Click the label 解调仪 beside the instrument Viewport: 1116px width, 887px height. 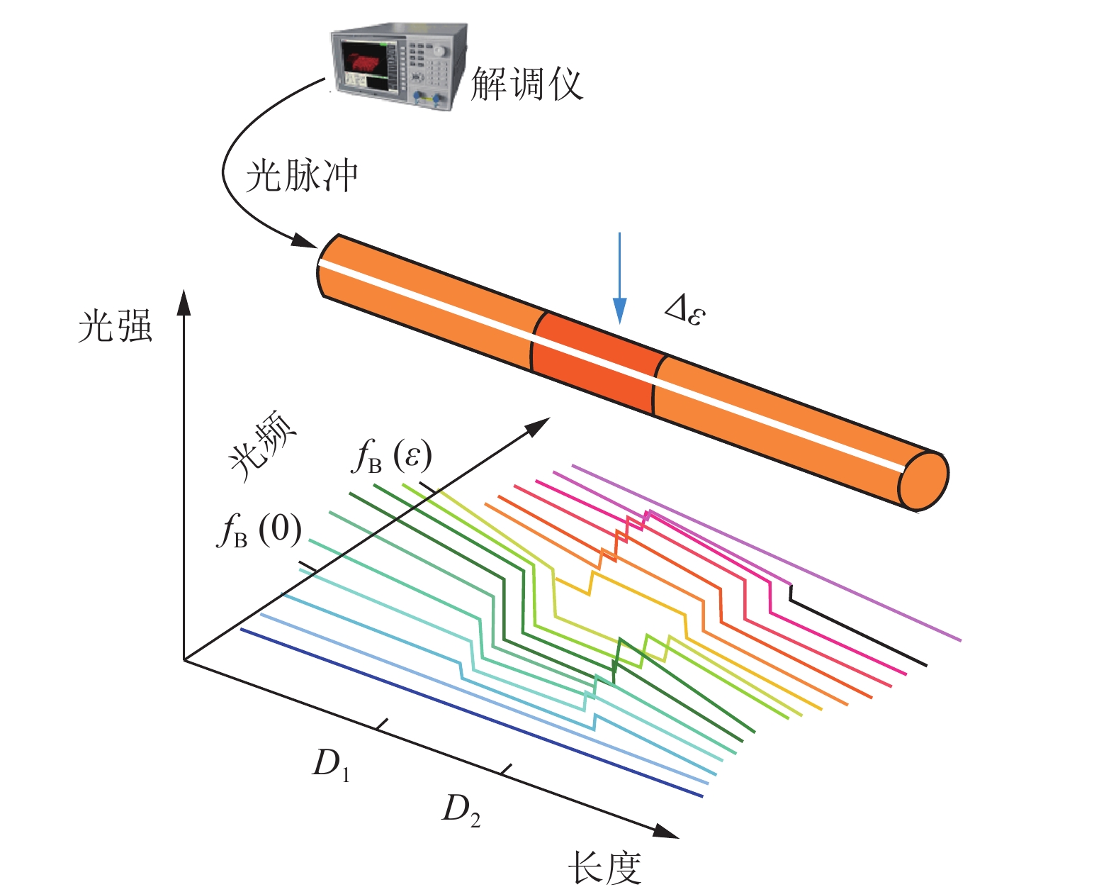[527, 83]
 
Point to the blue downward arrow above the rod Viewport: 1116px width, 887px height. [619, 278]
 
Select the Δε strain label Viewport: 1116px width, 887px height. [685, 310]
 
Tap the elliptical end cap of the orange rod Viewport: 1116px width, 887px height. [923, 480]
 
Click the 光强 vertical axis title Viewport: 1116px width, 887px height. [115, 326]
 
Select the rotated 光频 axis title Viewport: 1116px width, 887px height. [262, 446]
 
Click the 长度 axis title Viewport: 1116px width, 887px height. [605, 868]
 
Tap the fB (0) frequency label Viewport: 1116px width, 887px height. [259, 530]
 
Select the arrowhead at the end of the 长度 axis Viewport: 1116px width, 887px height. [666, 831]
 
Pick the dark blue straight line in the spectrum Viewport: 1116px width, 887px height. [471, 713]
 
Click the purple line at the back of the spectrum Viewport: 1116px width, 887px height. [767, 553]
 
